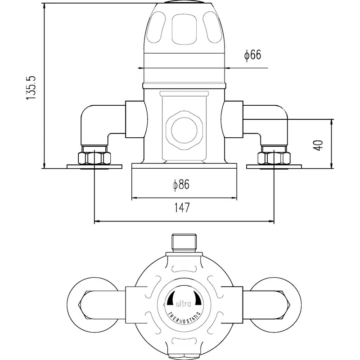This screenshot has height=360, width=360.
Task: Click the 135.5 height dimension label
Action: coord(31,87)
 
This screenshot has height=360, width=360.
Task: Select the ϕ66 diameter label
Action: coord(252,55)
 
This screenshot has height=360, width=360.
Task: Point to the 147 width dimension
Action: coord(182,207)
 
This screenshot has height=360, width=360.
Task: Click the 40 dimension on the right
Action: coord(319,145)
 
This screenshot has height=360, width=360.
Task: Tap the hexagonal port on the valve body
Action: coord(184,127)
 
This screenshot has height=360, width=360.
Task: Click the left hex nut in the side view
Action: coord(94,158)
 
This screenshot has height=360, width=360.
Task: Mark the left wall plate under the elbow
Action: coord(94,167)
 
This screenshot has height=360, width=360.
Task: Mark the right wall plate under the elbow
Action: coord(274,167)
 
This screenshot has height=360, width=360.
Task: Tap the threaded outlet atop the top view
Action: coord(184,243)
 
